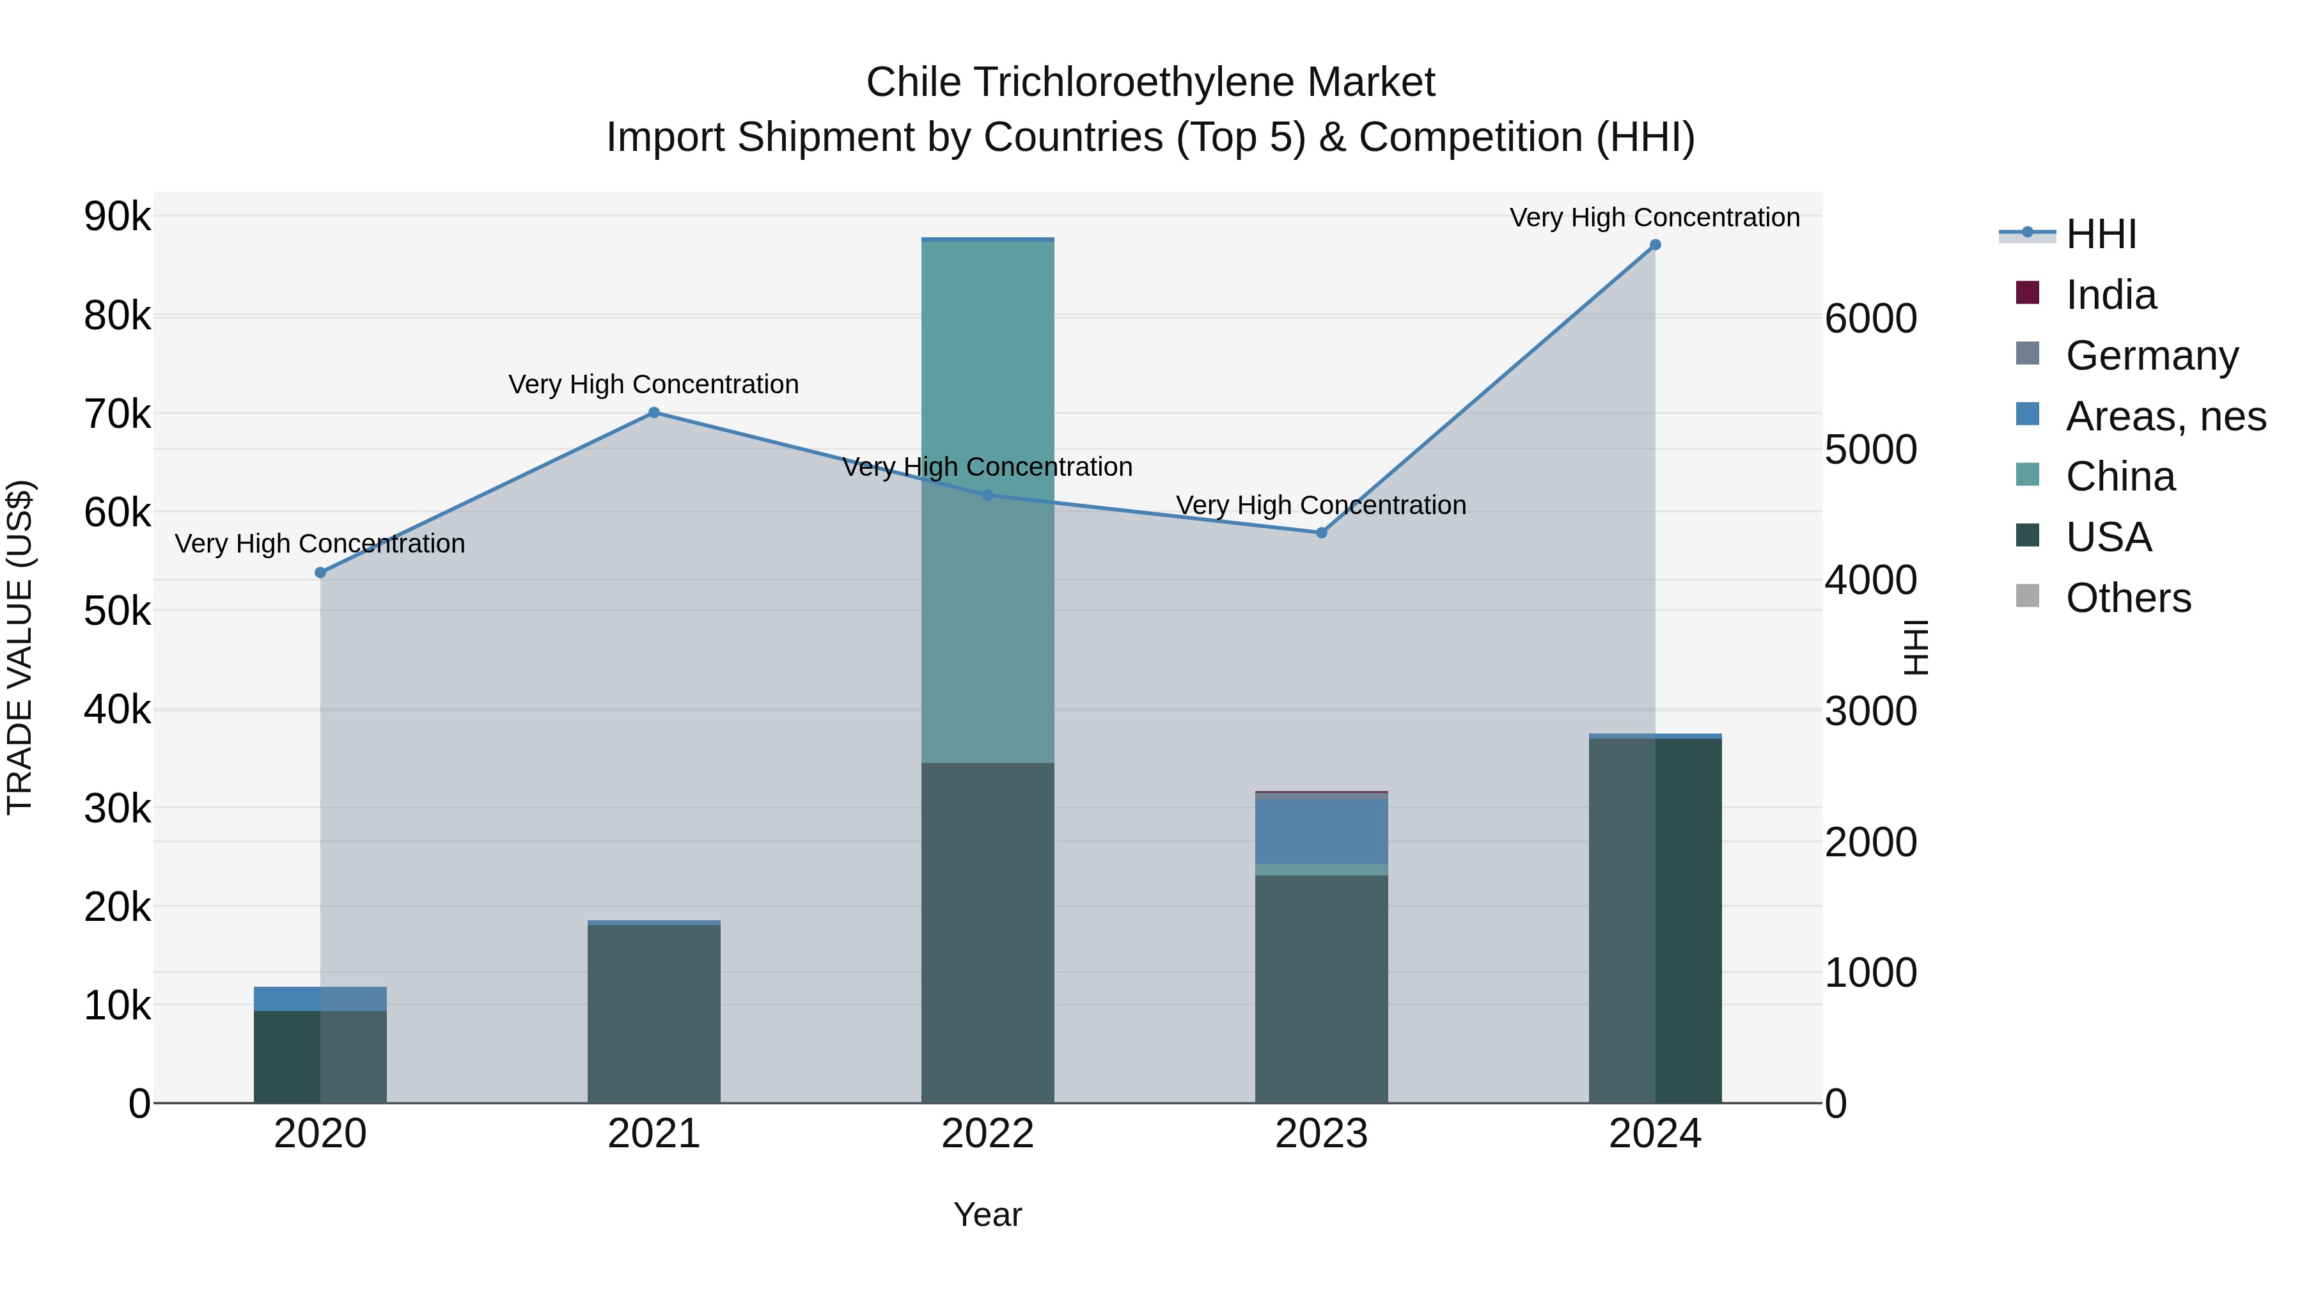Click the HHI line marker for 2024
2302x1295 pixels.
(x=1655, y=245)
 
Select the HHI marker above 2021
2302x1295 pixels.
(x=654, y=413)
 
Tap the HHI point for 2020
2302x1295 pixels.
(x=321, y=573)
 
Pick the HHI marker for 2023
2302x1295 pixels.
(x=1322, y=533)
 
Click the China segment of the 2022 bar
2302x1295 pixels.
(x=987, y=402)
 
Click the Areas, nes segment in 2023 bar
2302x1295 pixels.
(x=1322, y=831)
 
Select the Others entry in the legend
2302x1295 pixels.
(x=2127, y=598)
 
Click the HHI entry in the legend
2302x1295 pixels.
(x=2100, y=234)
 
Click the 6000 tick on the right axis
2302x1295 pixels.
(x=1870, y=319)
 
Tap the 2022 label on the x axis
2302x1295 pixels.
(x=987, y=1134)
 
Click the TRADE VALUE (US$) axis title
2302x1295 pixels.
(x=20, y=647)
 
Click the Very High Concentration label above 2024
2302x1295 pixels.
(x=1654, y=218)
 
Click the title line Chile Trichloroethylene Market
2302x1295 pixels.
(x=1150, y=82)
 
